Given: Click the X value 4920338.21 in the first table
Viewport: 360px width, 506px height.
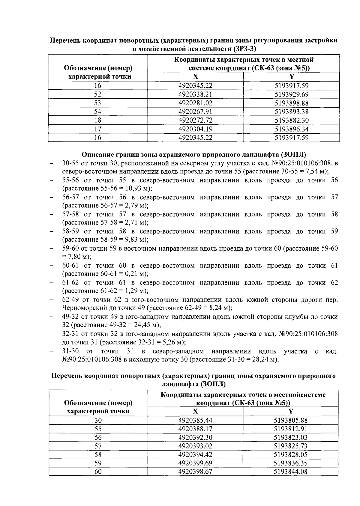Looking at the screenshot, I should (x=195, y=94).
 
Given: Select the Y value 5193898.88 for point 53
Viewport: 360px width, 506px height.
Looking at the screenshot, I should (x=292, y=103).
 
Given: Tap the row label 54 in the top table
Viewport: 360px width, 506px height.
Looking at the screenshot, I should (x=97, y=112).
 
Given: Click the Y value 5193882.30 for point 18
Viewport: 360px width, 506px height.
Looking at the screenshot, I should (x=292, y=121).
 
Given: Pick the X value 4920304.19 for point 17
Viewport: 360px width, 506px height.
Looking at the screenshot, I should (x=195, y=129).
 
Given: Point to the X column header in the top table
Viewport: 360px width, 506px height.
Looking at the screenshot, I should (x=195, y=77).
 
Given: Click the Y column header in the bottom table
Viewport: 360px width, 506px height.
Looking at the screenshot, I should (x=290, y=411).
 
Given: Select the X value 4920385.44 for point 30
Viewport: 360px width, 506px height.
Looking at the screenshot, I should (x=195, y=420).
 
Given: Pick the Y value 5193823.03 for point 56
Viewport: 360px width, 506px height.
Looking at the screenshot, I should (x=291, y=437).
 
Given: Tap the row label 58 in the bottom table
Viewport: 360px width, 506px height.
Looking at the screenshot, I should (x=98, y=454).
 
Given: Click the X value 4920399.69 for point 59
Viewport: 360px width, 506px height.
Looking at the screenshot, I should (x=195, y=463).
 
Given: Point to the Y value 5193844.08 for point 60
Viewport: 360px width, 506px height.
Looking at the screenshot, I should (x=291, y=472).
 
